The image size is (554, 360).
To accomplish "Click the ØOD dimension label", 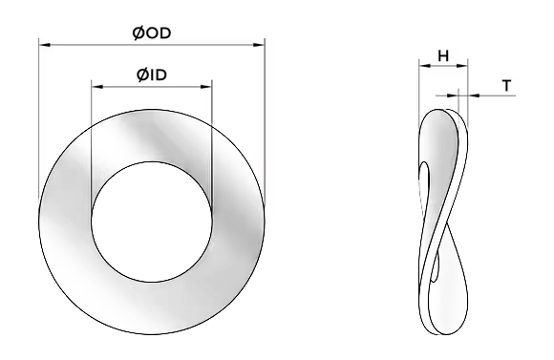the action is coord(152,33).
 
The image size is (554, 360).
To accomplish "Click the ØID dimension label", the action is coord(152,74).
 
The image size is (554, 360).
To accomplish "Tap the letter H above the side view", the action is coord(443,55).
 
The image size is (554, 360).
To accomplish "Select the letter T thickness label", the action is coord(506,86).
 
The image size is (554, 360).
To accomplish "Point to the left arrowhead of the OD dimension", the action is coord(45,45).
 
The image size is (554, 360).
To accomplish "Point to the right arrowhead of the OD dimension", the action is coord(259,45).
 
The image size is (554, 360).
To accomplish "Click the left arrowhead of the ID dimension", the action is coord(97,87).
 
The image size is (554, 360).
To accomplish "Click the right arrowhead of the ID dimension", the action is coord(206,87).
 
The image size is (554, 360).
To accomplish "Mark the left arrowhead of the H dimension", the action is coord(425,65).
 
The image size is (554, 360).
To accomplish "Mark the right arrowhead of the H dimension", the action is coord(461,65).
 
